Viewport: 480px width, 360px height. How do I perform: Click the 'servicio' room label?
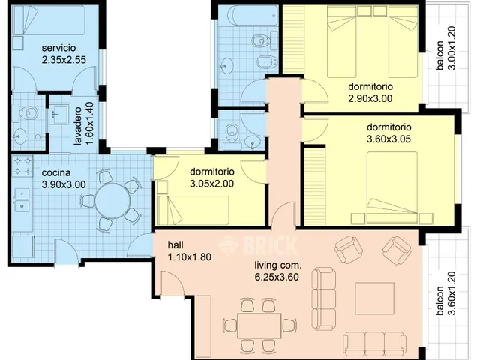coord(58,48)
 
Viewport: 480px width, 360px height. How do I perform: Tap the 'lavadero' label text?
coord(78,126)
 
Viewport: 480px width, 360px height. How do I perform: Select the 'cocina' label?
coord(56,172)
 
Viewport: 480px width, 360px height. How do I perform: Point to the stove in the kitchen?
coord(22,166)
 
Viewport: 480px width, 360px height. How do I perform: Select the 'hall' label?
coord(175,245)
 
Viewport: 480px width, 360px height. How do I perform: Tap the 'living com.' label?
coord(278,265)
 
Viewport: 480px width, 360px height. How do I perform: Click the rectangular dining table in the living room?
coord(259,325)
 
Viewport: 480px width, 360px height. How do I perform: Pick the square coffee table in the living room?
coord(375,298)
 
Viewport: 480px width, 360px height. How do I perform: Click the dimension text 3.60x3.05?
coord(388,139)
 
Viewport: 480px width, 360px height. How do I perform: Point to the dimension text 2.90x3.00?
coord(370,98)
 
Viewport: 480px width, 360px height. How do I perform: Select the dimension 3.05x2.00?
coord(211,184)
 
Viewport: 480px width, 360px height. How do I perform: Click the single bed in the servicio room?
coord(49,20)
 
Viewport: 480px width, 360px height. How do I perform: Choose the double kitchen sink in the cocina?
coord(22,199)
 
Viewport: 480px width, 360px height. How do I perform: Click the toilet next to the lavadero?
coord(28,113)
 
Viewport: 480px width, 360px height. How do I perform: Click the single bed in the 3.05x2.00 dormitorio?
coord(193,210)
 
